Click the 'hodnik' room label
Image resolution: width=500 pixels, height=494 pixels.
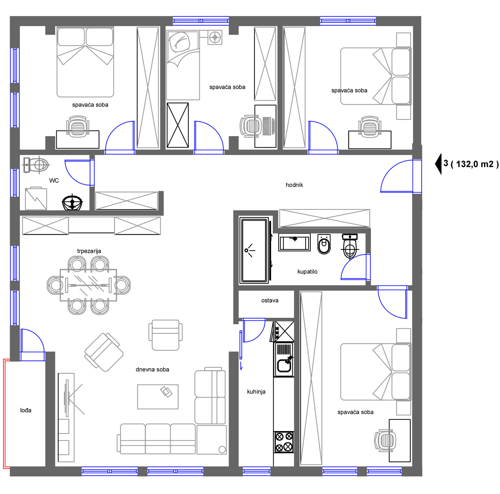(x=294, y=185)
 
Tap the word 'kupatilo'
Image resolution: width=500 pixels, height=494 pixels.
(x=307, y=271)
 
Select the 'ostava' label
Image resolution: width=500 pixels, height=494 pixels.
(x=270, y=300)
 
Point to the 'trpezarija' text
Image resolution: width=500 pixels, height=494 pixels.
(x=89, y=251)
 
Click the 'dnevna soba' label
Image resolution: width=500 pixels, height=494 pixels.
(x=152, y=369)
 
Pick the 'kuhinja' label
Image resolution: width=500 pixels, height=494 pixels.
(x=256, y=392)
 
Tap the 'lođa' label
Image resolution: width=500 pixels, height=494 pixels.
(x=26, y=410)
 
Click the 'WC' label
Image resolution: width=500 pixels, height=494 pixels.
(x=54, y=181)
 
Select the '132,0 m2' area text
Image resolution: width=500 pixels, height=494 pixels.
(x=474, y=164)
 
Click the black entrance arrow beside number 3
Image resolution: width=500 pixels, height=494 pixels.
(x=439, y=164)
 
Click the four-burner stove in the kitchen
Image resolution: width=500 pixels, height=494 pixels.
(x=284, y=442)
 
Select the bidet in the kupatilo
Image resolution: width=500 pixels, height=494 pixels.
(x=324, y=245)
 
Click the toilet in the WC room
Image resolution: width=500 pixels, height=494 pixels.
(x=36, y=165)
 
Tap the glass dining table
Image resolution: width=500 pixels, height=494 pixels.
(x=88, y=285)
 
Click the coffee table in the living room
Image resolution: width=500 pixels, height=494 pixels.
(x=158, y=397)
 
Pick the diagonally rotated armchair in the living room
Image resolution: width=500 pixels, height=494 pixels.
(x=104, y=352)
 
